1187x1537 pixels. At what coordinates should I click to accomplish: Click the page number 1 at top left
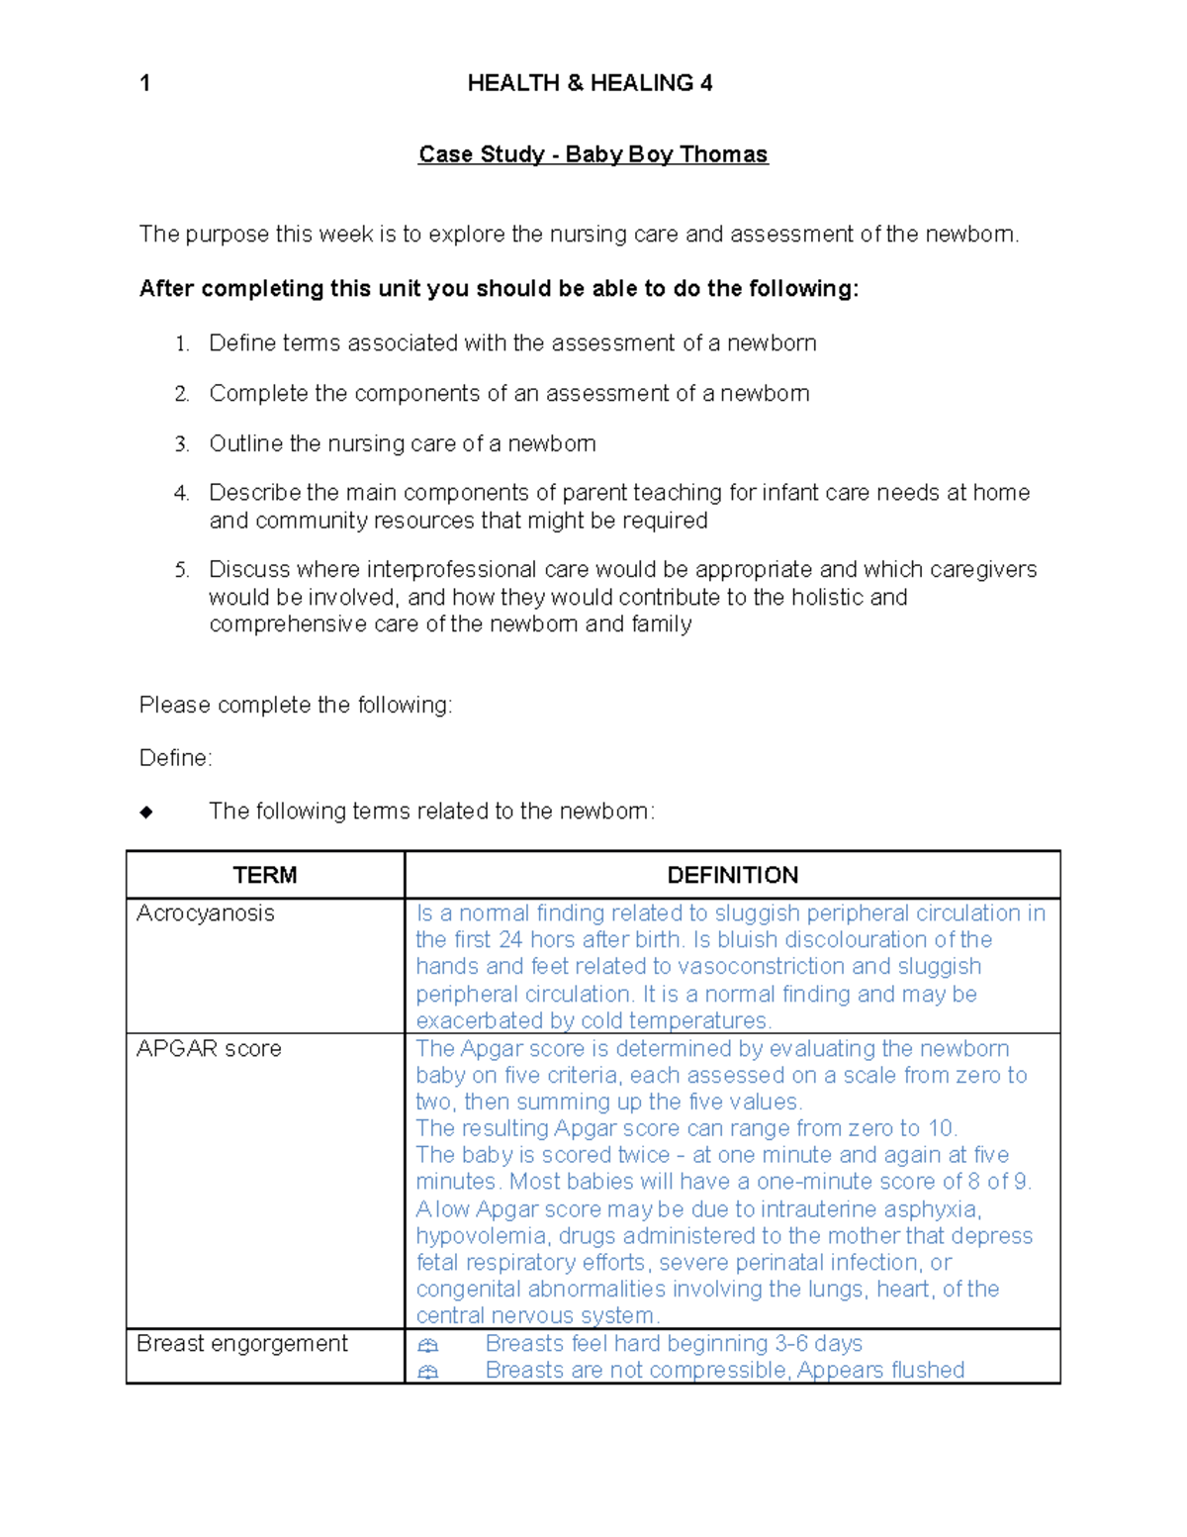click(x=145, y=83)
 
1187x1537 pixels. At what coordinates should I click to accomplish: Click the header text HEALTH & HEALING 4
click(x=590, y=83)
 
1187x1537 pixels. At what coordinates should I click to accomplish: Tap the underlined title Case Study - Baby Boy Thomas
click(x=593, y=154)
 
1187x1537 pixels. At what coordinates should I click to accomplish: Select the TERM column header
click(x=265, y=875)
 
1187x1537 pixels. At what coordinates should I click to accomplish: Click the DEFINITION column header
click(x=732, y=875)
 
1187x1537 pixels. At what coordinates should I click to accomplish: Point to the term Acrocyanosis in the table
click(x=206, y=913)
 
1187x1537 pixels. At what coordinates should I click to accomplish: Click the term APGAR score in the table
click(x=209, y=1049)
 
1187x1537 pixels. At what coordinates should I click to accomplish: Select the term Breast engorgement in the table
click(x=242, y=1344)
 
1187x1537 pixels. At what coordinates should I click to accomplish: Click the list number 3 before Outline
click(x=181, y=444)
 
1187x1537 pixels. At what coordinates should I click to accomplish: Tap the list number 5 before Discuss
click(x=181, y=570)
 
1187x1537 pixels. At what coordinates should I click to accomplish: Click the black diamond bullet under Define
click(x=146, y=813)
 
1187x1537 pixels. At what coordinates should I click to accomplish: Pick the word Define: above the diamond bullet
click(x=176, y=758)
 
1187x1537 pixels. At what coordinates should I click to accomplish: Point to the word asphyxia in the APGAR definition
click(x=931, y=1209)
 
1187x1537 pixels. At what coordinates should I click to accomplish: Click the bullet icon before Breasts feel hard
click(x=427, y=1345)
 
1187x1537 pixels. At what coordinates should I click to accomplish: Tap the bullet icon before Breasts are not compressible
click(x=427, y=1372)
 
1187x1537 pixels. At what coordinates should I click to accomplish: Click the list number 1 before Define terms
click(x=181, y=344)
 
